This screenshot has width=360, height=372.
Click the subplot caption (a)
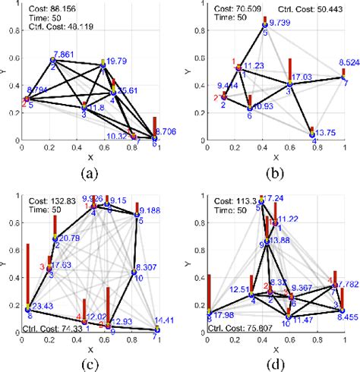(90, 172)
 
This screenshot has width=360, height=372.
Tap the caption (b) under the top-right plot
(273, 172)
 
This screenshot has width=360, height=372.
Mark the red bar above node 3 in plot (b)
(289, 68)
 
